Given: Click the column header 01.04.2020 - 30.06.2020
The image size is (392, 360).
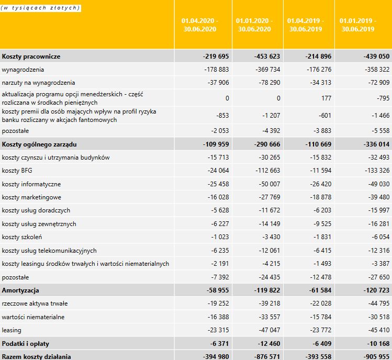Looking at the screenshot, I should pyautogui.click(x=200, y=25).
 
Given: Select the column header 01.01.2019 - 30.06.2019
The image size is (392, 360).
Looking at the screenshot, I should pyautogui.click(x=358, y=25).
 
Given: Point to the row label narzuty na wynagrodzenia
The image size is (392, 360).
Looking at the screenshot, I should pyautogui.click(x=38, y=83).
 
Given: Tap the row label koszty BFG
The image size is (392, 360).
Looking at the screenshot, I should pyautogui.click(x=17, y=171).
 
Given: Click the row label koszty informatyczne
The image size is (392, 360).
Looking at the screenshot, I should pyautogui.click(x=31, y=184).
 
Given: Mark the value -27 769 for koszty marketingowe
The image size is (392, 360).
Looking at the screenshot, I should pyautogui.click(x=266, y=197).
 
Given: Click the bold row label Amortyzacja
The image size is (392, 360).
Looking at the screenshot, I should pyautogui.click(x=20, y=290).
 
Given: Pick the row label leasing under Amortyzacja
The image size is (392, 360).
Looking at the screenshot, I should pyautogui.click(x=12, y=330).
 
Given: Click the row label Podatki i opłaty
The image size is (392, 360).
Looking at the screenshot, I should pyautogui.click(x=25, y=343).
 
